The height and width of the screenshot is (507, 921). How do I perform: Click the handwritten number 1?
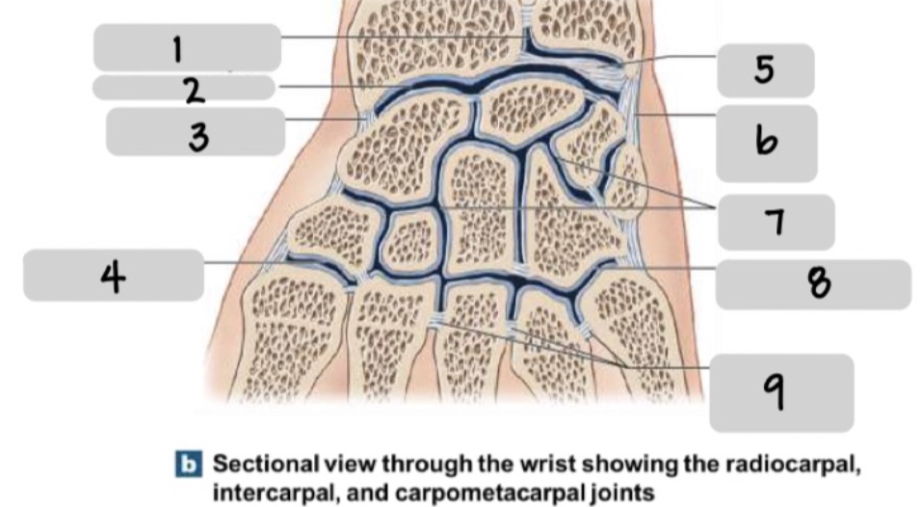pos(177,48)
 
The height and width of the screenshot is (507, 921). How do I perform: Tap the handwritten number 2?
pos(194,91)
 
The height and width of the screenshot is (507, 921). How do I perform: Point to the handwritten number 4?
pos(114,278)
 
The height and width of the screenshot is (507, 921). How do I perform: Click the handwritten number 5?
pos(765,70)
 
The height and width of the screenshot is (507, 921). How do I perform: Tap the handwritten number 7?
pos(776,223)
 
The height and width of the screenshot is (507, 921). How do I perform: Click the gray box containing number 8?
pos(813,283)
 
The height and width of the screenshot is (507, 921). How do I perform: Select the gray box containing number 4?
pos(114,276)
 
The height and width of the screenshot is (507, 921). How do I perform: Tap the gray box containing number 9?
pos(781,392)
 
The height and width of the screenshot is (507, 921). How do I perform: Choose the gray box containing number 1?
pos(187,46)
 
